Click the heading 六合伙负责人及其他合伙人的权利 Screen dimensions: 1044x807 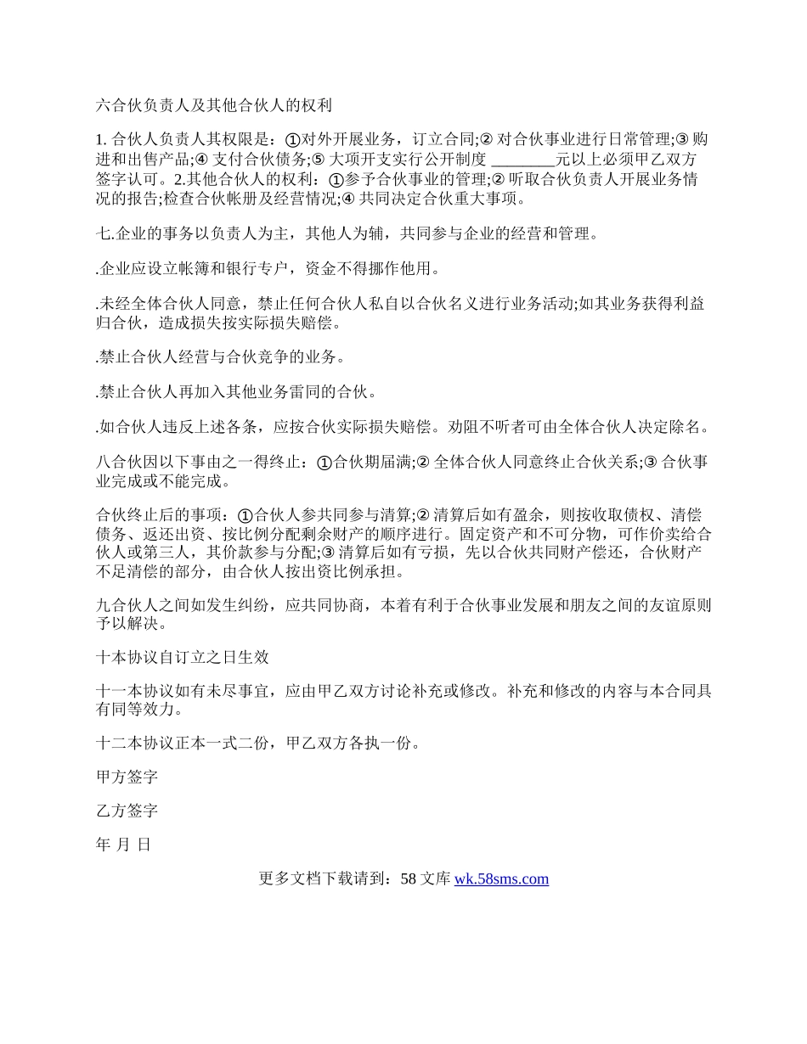tap(213, 106)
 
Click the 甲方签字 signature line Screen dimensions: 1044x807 tap(127, 777)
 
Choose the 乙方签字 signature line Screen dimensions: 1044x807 tap(127, 811)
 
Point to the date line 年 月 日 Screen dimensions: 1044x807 tap(124, 845)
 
